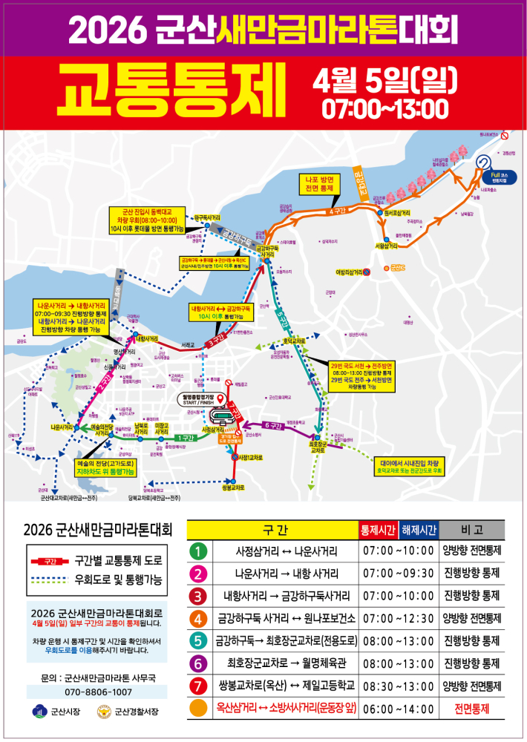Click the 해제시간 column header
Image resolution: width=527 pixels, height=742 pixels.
pos(419,530)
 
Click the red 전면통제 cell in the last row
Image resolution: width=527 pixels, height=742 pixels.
pos(472,709)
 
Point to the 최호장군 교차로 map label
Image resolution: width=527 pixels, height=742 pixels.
pos(318,447)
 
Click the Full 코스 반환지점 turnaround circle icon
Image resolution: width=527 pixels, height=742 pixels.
pos(484,162)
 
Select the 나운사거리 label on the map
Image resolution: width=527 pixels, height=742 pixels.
pos(62,427)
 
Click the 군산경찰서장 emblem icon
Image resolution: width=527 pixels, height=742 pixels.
pos(104,714)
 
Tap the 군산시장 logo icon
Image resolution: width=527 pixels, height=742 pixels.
pos(39,714)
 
